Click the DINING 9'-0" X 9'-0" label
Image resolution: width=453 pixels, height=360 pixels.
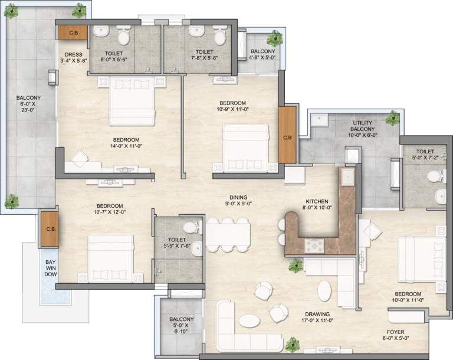click(238, 201)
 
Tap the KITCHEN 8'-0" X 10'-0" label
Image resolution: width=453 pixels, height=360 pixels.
click(317, 204)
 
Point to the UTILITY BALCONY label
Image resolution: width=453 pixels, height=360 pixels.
click(363, 126)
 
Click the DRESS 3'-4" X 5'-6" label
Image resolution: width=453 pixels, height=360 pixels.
click(73, 57)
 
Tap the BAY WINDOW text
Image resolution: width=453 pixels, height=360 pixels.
click(51, 268)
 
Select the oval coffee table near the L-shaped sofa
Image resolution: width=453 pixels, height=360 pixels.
click(250, 320)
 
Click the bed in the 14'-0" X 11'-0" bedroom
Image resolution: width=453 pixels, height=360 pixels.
click(132, 101)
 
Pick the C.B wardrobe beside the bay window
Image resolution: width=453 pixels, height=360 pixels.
click(50, 229)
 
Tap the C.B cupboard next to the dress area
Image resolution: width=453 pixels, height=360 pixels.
click(73, 32)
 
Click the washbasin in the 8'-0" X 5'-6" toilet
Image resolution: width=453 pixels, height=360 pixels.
click(101, 31)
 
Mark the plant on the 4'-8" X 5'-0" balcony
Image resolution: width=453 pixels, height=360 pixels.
click(274, 38)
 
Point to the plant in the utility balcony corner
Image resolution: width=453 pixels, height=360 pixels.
click(393, 118)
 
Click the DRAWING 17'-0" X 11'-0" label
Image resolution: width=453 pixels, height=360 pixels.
click(317, 317)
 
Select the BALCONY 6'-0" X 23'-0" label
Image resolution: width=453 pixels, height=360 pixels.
click(28, 103)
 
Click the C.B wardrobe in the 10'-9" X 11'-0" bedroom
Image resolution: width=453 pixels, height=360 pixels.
click(287, 135)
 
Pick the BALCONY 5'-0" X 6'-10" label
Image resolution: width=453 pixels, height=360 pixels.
click(182, 325)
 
